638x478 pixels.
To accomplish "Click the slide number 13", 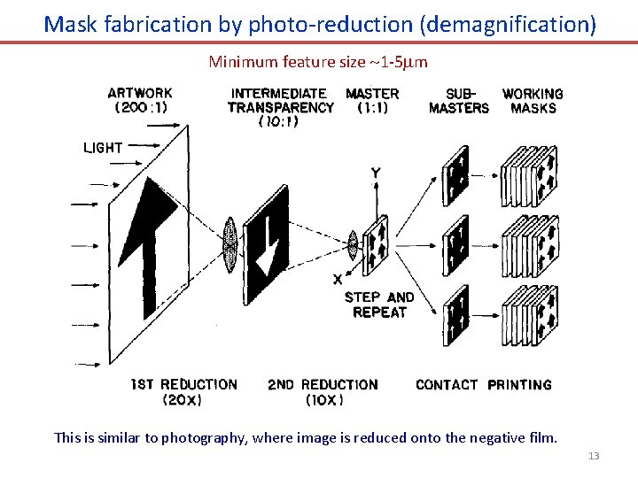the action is click(594, 456).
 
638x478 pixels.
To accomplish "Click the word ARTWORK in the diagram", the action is click(140, 92).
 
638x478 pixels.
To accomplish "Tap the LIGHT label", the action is click(103, 148).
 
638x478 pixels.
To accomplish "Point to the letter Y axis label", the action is click(377, 173).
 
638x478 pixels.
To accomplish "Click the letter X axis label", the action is click(338, 278).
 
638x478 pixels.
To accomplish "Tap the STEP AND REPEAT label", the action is click(379, 305).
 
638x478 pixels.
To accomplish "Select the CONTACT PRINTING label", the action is click(484, 384).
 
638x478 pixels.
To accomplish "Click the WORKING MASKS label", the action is click(533, 100).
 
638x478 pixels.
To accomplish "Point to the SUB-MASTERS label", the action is click(459, 100).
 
